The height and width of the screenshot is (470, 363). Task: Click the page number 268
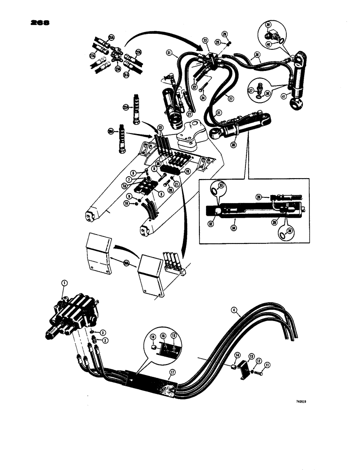[39, 23]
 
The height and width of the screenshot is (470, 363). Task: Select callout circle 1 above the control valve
[64, 283]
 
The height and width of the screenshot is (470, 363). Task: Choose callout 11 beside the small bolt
[268, 364]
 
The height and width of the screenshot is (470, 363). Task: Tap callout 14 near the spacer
[237, 355]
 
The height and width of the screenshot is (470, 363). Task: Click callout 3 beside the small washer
[103, 333]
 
